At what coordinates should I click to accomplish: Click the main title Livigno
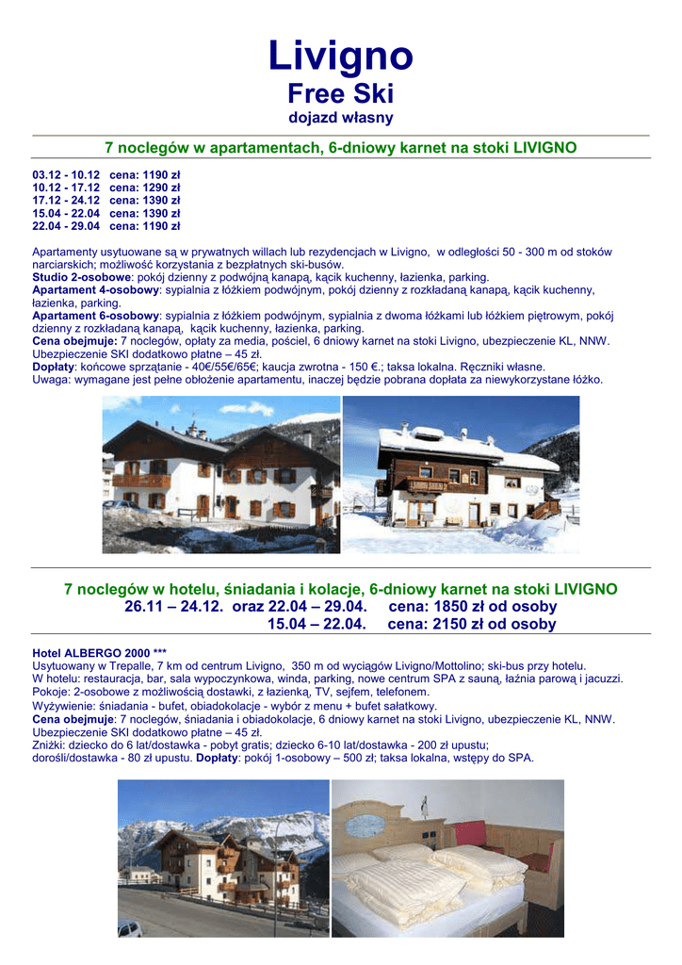(x=340, y=56)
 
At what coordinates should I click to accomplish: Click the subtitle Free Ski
(x=340, y=94)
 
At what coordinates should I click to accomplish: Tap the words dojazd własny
(x=340, y=118)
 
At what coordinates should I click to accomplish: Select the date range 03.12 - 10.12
(x=66, y=175)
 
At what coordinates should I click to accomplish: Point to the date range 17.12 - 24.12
(x=66, y=201)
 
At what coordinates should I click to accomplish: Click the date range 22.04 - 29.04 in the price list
(x=66, y=226)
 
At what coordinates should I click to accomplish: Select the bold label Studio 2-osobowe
(x=81, y=278)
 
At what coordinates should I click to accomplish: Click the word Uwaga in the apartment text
(x=50, y=380)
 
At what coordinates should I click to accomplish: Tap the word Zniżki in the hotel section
(x=50, y=744)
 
